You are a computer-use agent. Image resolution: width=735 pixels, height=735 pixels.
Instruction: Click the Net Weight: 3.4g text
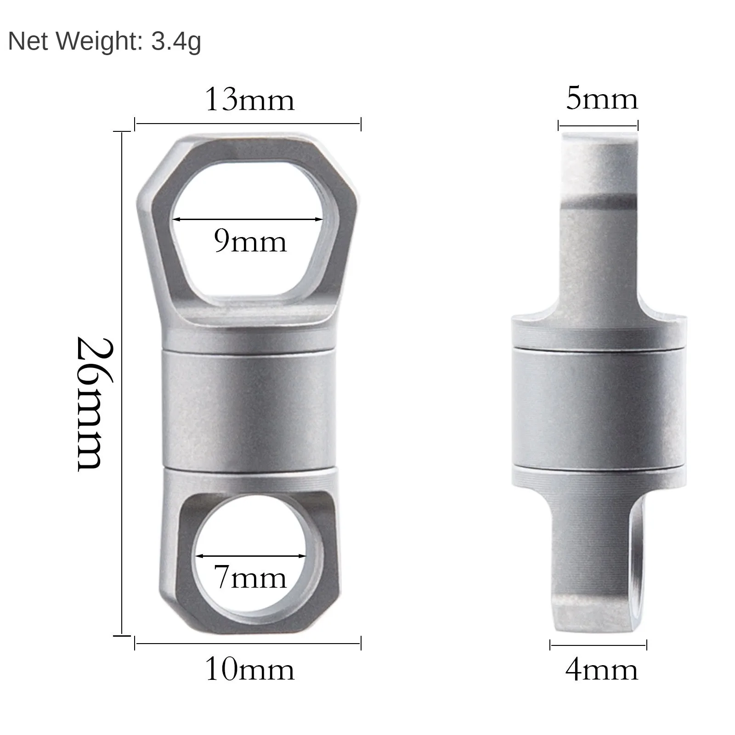(x=105, y=42)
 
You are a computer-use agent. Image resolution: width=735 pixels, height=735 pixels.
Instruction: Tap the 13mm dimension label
(x=249, y=100)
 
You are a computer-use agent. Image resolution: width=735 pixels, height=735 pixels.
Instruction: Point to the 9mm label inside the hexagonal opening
(x=250, y=241)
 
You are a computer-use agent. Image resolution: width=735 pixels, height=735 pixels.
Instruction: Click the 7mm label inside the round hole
(x=251, y=577)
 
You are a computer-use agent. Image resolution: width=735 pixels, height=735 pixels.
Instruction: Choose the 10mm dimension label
(x=249, y=669)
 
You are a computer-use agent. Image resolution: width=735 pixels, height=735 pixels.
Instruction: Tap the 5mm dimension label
(x=602, y=99)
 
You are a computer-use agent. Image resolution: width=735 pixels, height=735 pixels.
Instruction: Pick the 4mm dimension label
(x=602, y=670)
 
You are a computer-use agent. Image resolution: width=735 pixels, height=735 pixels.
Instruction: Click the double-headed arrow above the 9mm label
(x=248, y=219)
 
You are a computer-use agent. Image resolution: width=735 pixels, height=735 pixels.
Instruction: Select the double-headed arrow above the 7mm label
(x=251, y=556)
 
